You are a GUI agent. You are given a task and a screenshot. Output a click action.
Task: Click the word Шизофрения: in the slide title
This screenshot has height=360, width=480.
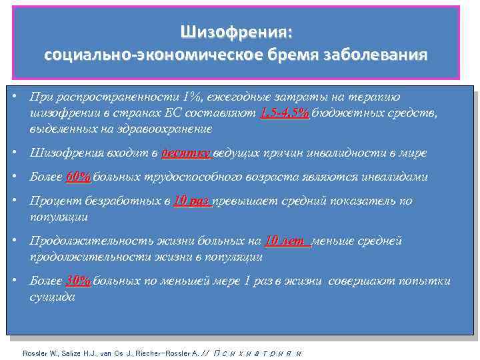pos(236,32)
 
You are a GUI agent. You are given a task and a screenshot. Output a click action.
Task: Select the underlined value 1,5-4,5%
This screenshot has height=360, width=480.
pos(285,113)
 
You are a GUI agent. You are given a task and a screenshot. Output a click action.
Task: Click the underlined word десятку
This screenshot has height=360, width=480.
pos(186,153)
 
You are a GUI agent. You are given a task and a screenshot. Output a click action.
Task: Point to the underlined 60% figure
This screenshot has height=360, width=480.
pos(79,177)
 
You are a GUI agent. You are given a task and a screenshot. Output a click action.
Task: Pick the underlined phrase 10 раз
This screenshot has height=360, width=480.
pos(192,201)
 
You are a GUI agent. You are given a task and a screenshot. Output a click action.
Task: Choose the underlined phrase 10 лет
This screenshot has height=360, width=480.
pos(287,241)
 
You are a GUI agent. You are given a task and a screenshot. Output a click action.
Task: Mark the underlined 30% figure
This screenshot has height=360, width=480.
pos(79,281)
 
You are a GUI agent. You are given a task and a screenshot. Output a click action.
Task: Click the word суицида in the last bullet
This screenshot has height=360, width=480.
pos(53,297)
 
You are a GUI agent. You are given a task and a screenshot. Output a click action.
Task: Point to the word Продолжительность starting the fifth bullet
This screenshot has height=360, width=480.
pos(87,241)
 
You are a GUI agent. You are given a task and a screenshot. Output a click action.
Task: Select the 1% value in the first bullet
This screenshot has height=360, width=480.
pos(195,97)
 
